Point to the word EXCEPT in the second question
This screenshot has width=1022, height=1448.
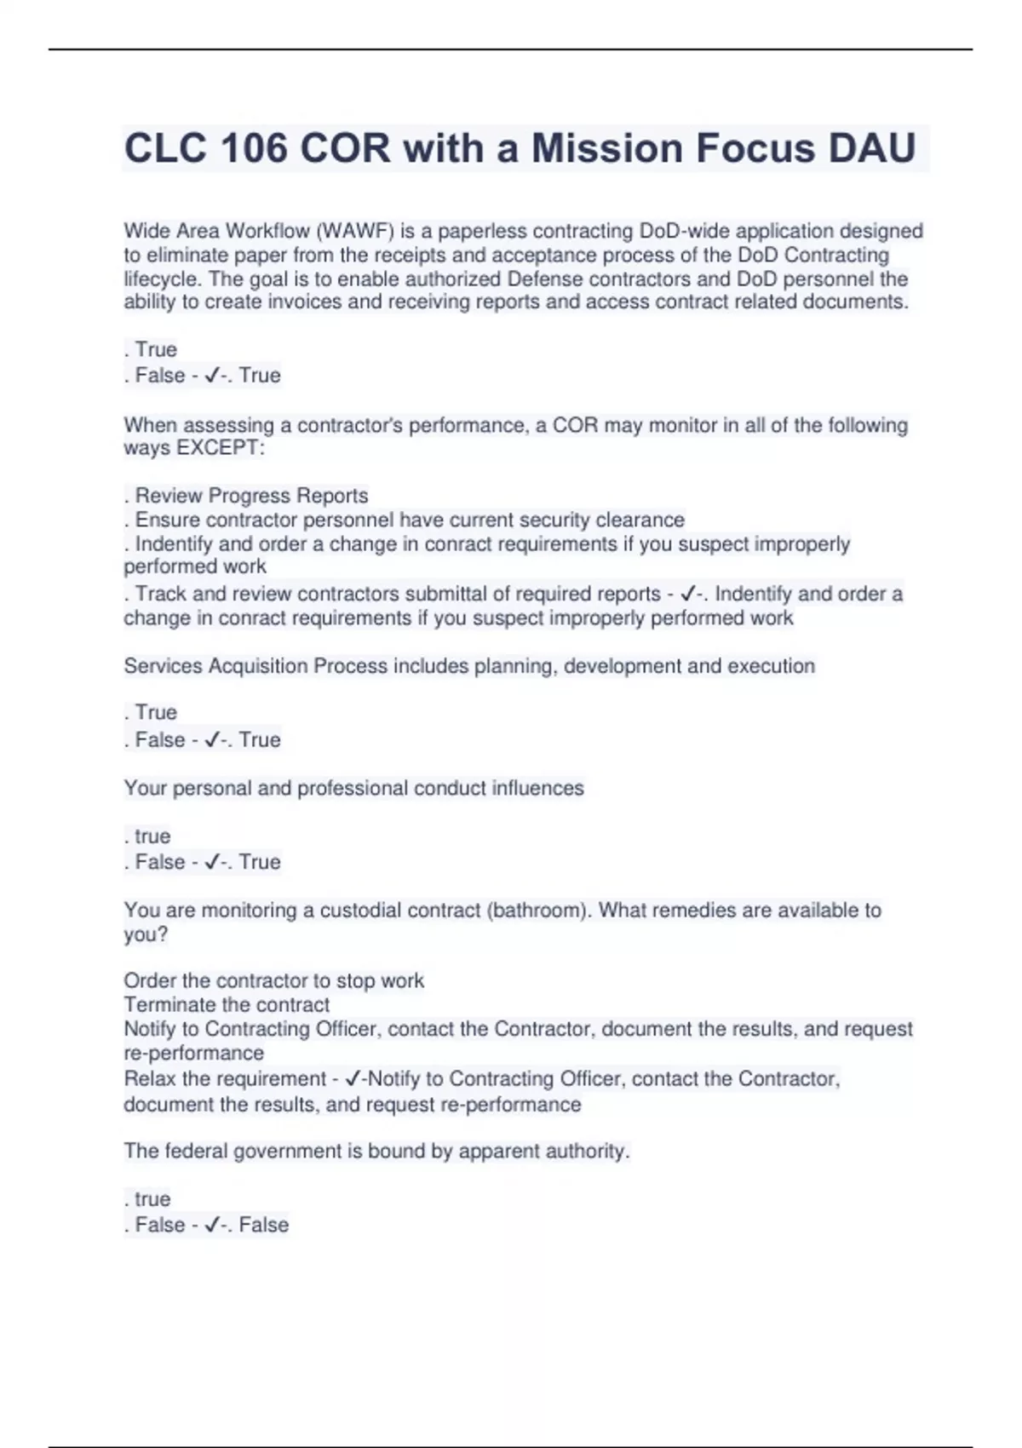(x=219, y=448)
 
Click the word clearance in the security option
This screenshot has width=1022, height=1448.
(x=640, y=520)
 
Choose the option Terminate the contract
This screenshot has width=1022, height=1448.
(x=227, y=1005)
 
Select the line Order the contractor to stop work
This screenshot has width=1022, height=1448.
(x=273, y=981)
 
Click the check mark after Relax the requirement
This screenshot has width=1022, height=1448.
(x=353, y=1079)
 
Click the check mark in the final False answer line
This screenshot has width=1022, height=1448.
(x=212, y=1225)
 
